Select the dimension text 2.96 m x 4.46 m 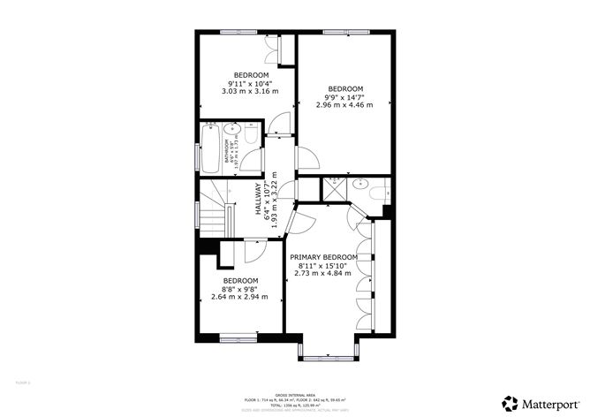pos(345,104)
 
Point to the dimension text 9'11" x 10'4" pos(250,83)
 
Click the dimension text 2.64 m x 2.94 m pos(238,297)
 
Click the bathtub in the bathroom pos(211,149)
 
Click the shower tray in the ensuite pos(333,187)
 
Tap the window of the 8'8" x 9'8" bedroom pos(238,337)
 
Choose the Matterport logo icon pos(510,402)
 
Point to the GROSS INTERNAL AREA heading pos(295,394)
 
